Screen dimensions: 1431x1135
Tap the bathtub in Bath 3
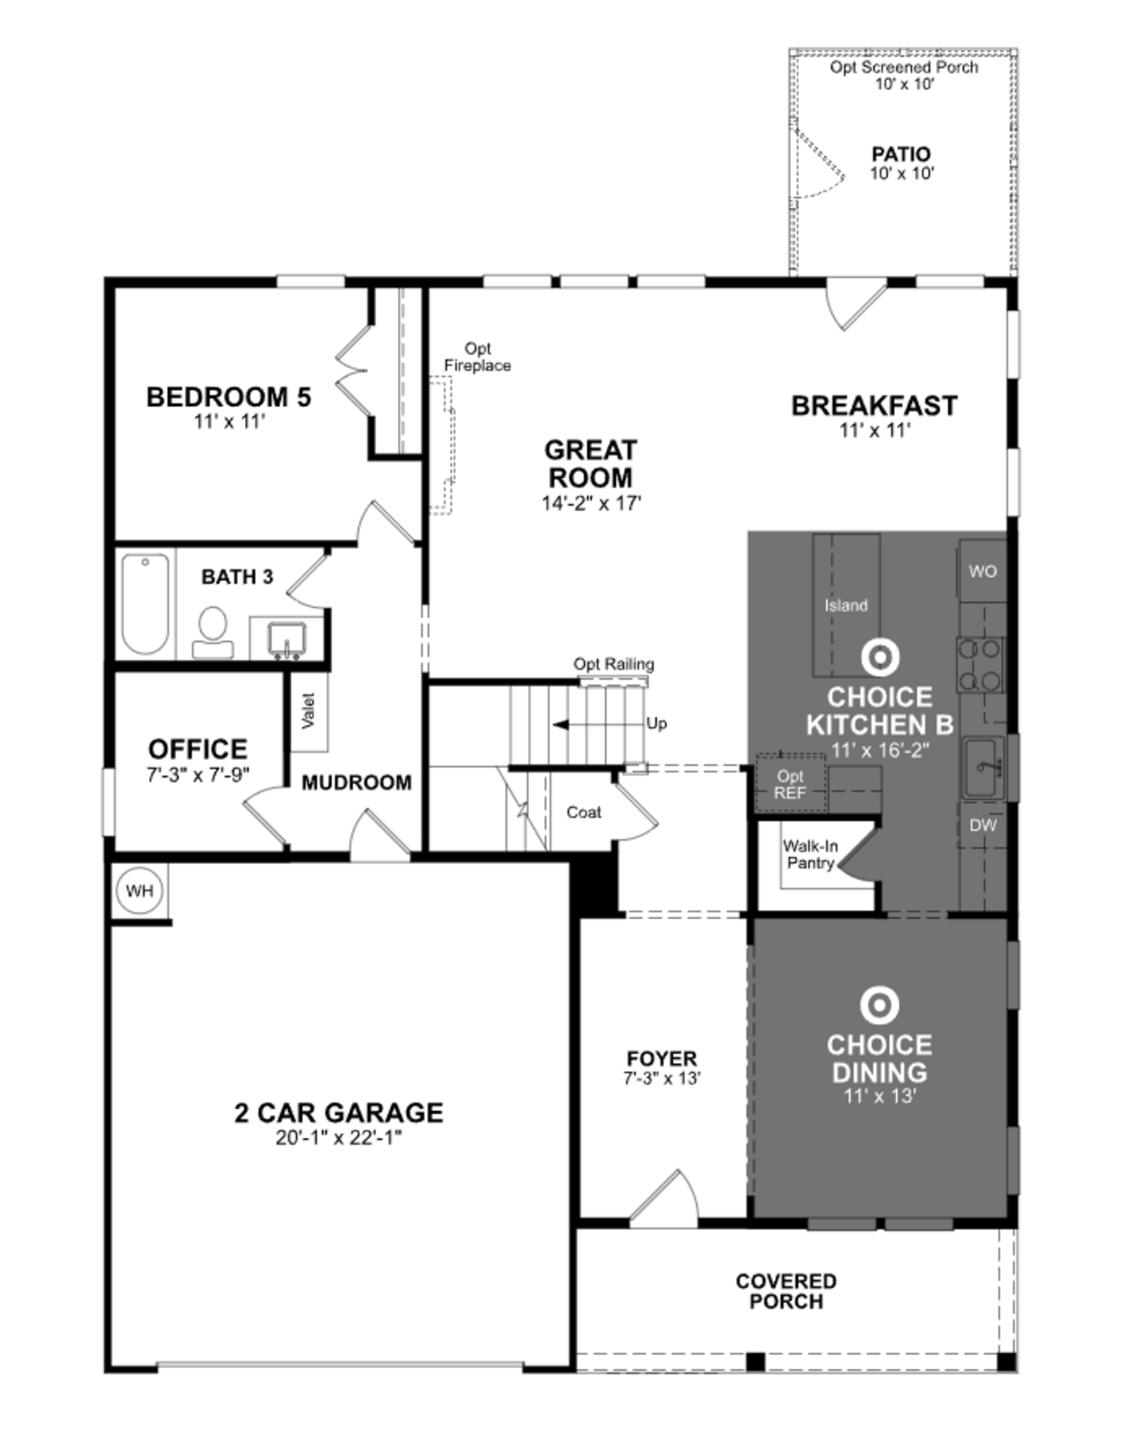click(x=145, y=604)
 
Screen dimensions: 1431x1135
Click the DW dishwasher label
click(x=982, y=825)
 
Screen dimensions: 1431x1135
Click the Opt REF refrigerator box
click(x=790, y=785)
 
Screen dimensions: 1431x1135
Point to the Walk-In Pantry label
click(x=810, y=854)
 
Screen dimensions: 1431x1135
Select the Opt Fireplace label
click(x=477, y=357)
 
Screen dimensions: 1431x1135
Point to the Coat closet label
click(x=583, y=812)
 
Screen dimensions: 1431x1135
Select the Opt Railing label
click(x=613, y=664)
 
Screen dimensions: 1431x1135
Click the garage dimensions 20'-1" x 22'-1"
click(x=338, y=1138)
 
